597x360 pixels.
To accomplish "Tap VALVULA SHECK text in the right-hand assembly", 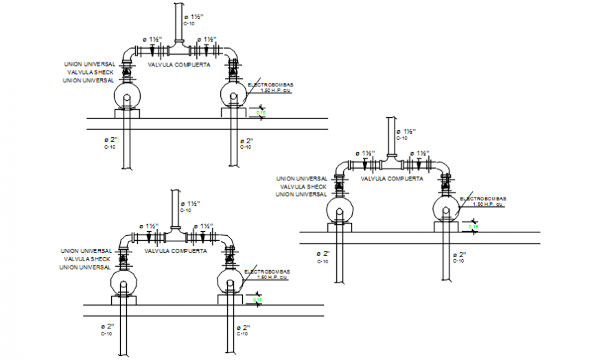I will click(x=301, y=187).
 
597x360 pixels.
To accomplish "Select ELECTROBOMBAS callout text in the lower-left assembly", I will click(x=274, y=272).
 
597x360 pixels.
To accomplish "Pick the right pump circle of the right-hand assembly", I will click(x=448, y=208).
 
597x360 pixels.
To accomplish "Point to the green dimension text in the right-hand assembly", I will click(x=473, y=226).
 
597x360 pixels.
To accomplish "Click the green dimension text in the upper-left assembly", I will click(x=261, y=112).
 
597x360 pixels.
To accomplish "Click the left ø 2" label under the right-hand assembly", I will click(x=323, y=254).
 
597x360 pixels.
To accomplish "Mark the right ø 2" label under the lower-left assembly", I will click(x=242, y=327).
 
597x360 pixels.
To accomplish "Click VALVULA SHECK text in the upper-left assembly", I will click(x=90, y=72).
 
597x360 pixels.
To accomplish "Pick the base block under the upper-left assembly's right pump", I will click(x=233, y=112).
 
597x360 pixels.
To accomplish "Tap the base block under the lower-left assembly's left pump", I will click(x=124, y=299).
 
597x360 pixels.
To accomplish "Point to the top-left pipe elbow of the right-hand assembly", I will click(x=339, y=167).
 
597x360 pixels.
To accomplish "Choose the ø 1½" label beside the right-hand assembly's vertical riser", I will click(x=409, y=132).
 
